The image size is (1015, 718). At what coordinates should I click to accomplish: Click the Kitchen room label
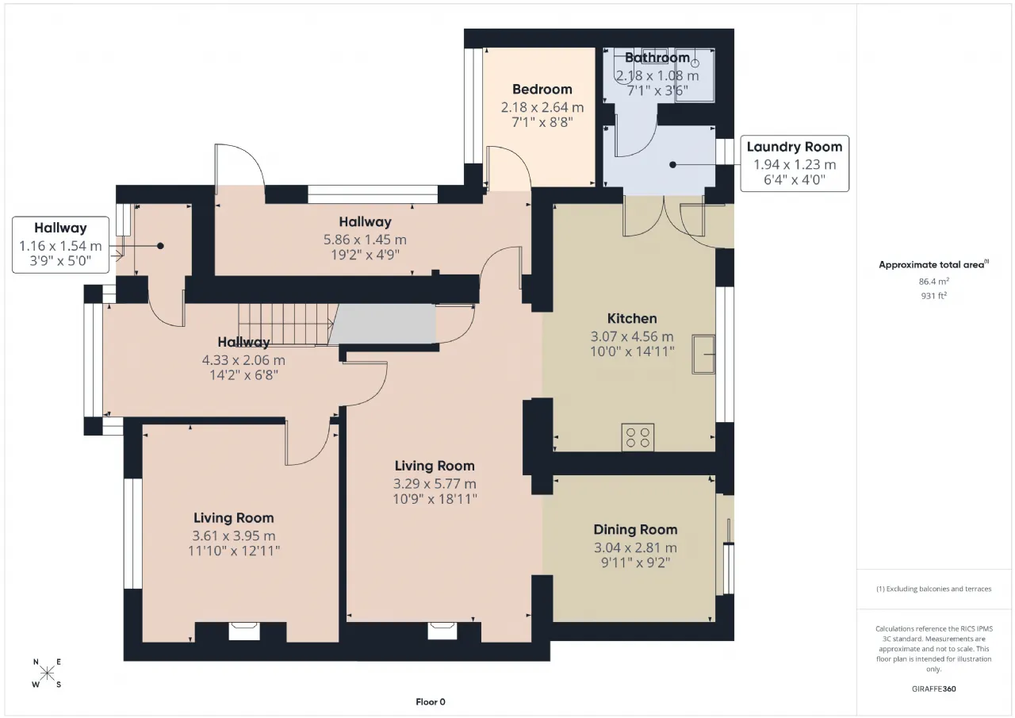(632, 319)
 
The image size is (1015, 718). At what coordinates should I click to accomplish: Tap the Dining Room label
(635, 529)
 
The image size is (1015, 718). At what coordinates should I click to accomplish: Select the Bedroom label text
(542, 90)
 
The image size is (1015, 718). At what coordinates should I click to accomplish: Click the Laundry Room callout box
(795, 163)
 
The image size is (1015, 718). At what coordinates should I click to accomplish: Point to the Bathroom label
(657, 58)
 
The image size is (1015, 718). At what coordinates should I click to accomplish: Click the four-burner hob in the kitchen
(638, 437)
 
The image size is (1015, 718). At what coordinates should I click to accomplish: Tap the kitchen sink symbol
(703, 354)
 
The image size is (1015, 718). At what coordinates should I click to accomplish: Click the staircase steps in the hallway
(286, 324)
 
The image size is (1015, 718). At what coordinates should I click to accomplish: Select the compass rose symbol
(47, 673)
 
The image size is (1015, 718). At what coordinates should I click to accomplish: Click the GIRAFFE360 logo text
(934, 689)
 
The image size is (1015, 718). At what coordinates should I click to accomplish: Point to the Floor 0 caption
(431, 702)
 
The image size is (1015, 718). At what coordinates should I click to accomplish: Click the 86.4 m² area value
(934, 281)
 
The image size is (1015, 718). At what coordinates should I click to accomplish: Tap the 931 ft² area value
(934, 296)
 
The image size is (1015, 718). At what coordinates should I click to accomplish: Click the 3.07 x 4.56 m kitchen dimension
(632, 336)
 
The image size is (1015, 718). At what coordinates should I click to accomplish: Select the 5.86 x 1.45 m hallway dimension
(365, 240)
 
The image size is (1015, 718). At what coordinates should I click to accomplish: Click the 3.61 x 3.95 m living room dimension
(233, 536)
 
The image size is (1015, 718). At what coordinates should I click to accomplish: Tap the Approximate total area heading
(933, 265)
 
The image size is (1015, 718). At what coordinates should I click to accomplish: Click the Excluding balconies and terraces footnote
(934, 589)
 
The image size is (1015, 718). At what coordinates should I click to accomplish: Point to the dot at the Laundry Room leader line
(673, 165)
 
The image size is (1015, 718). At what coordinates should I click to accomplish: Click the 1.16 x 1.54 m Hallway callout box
(60, 245)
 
